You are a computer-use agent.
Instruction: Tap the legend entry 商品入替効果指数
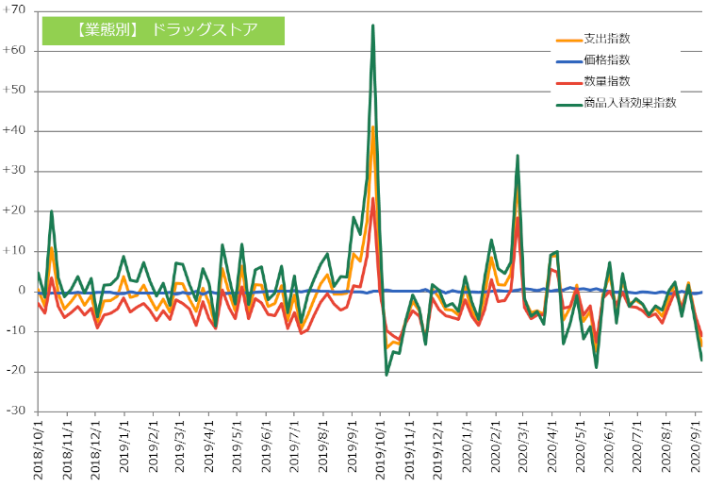(x=630, y=102)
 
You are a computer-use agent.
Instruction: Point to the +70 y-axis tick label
(x=18, y=11)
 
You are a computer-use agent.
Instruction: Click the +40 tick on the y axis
(x=18, y=131)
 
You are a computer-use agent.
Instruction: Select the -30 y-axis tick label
(x=18, y=411)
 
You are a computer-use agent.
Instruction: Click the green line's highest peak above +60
(x=373, y=25)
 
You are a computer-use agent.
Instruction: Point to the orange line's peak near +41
(x=373, y=126)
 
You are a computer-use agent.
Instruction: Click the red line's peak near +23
(x=373, y=198)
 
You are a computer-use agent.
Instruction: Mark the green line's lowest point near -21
(x=386, y=375)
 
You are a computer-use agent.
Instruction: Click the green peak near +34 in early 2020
(x=518, y=156)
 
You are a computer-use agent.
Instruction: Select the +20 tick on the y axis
(x=18, y=211)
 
